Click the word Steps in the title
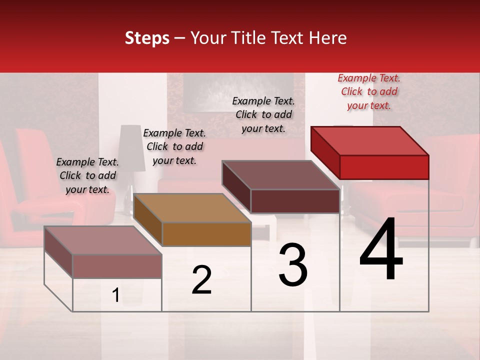pyautogui.click(x=147, y=38)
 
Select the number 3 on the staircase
pyautogui.click(x=292, y=265)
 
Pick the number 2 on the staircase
pyautogui.click(x=201, y=280)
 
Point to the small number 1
pyautogui.click(x=116, y=295)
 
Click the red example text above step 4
pyautogui.click(x=369, y=91)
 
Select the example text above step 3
pyautogui.click(x=263, y=114)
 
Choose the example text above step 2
pyautogui.click(x=174, y=146)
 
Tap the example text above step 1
pyautogui.click(x=87, y=175)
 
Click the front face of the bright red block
pyautogui.click(x=384, y=167)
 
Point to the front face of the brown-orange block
pyautogui.click(x=206, y=234)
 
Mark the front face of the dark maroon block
pyautogui.click(x=295, y=201)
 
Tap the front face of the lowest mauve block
pyautogui.click(x=117, y=266)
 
